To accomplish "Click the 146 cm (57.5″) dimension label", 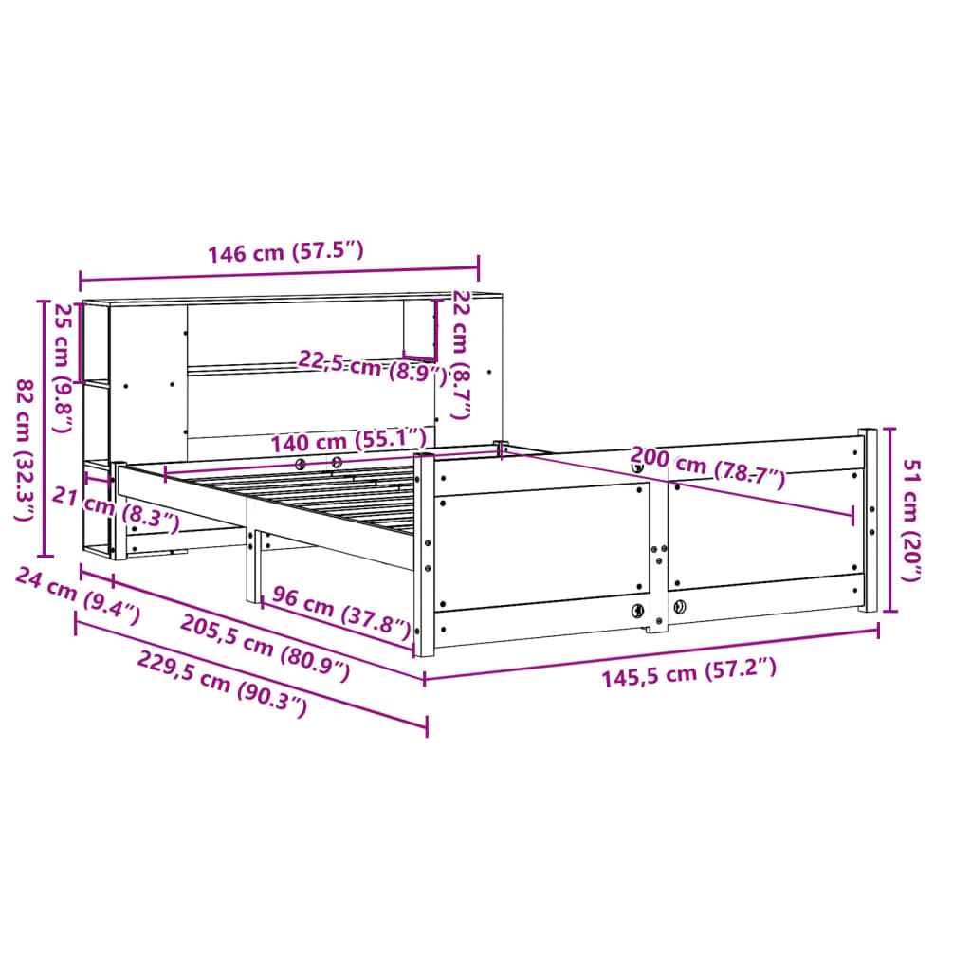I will coord(285,253).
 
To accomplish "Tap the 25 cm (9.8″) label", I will coord(64,368).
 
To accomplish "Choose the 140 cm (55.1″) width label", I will coord(348,441).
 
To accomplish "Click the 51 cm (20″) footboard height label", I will coord(911,520).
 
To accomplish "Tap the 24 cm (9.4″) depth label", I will coord(79,596).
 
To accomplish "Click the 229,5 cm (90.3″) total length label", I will coord(223,685).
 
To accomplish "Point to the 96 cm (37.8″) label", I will coord(341,612).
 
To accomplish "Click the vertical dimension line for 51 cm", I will coord(889,520).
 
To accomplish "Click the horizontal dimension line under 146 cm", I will coord(279,274).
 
